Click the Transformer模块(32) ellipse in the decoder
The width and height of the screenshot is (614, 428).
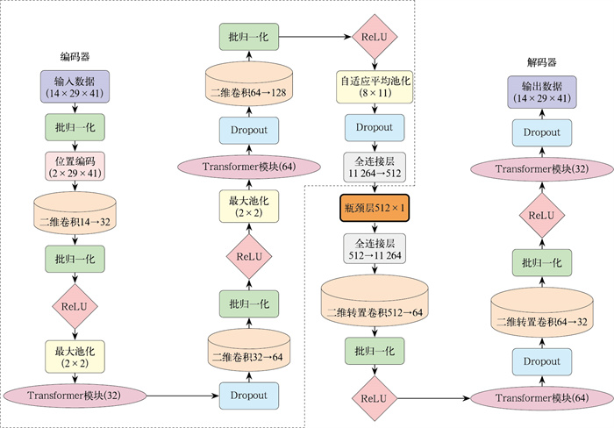click(x=542, y=168)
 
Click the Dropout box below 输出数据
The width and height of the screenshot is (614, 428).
click(x=542, y=132)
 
